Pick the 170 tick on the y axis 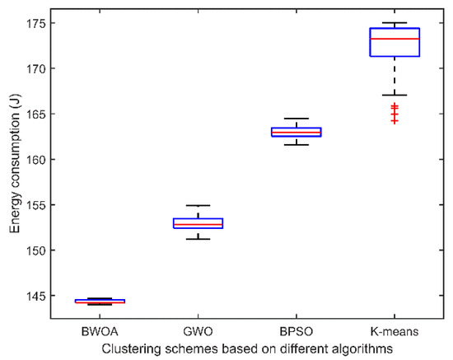coord(40,68)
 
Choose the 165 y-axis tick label coord(40,114)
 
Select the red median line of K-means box coord(395,39)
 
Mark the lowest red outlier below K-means coord(395,121)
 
